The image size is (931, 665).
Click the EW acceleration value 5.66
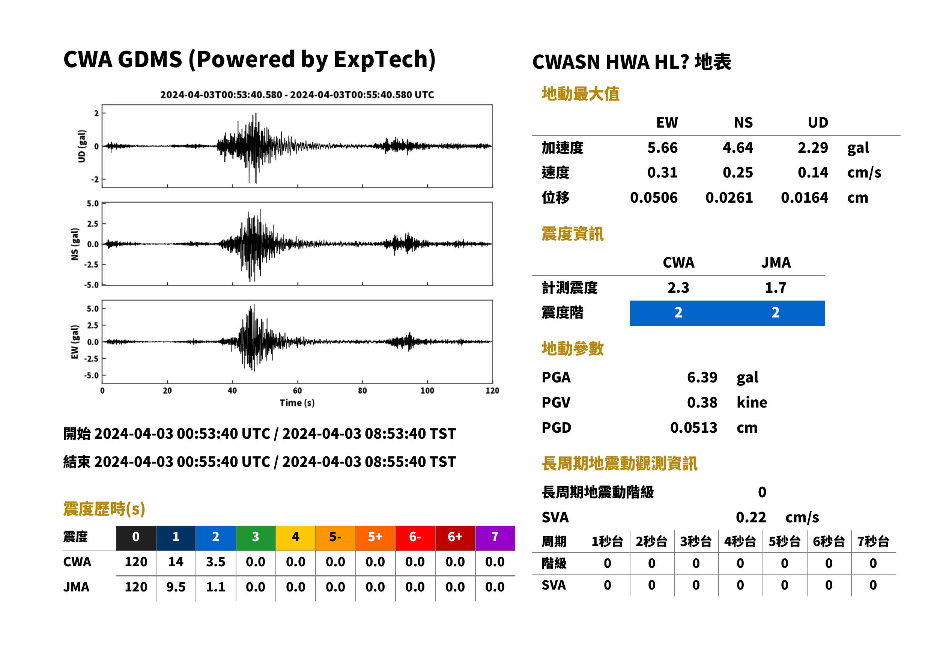click(662, 147)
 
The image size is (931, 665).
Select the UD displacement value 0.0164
click(804, 197)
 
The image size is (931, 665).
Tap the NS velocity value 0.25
click(737, 172)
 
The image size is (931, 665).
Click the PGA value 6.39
click(702, 377)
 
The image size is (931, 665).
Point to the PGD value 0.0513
click(693, 427)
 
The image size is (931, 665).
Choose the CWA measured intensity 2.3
click(678, 287)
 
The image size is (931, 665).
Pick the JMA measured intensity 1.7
click(775, 287)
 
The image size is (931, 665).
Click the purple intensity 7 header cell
click(495, 538)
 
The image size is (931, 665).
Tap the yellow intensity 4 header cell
click(296, 538)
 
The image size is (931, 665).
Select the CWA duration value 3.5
click(216, 562)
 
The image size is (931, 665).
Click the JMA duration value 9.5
click(176, 587)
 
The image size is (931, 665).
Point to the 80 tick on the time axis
click(362, 391)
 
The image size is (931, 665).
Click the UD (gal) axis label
click(82, 146)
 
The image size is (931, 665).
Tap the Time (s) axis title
click(297, 403)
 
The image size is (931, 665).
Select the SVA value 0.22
click(751, 517)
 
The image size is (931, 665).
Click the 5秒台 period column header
click(784, 541)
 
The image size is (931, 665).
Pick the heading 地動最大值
click(581, 94)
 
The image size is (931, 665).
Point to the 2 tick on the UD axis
click(96, 113)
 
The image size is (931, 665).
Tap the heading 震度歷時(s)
click(104, 509)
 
